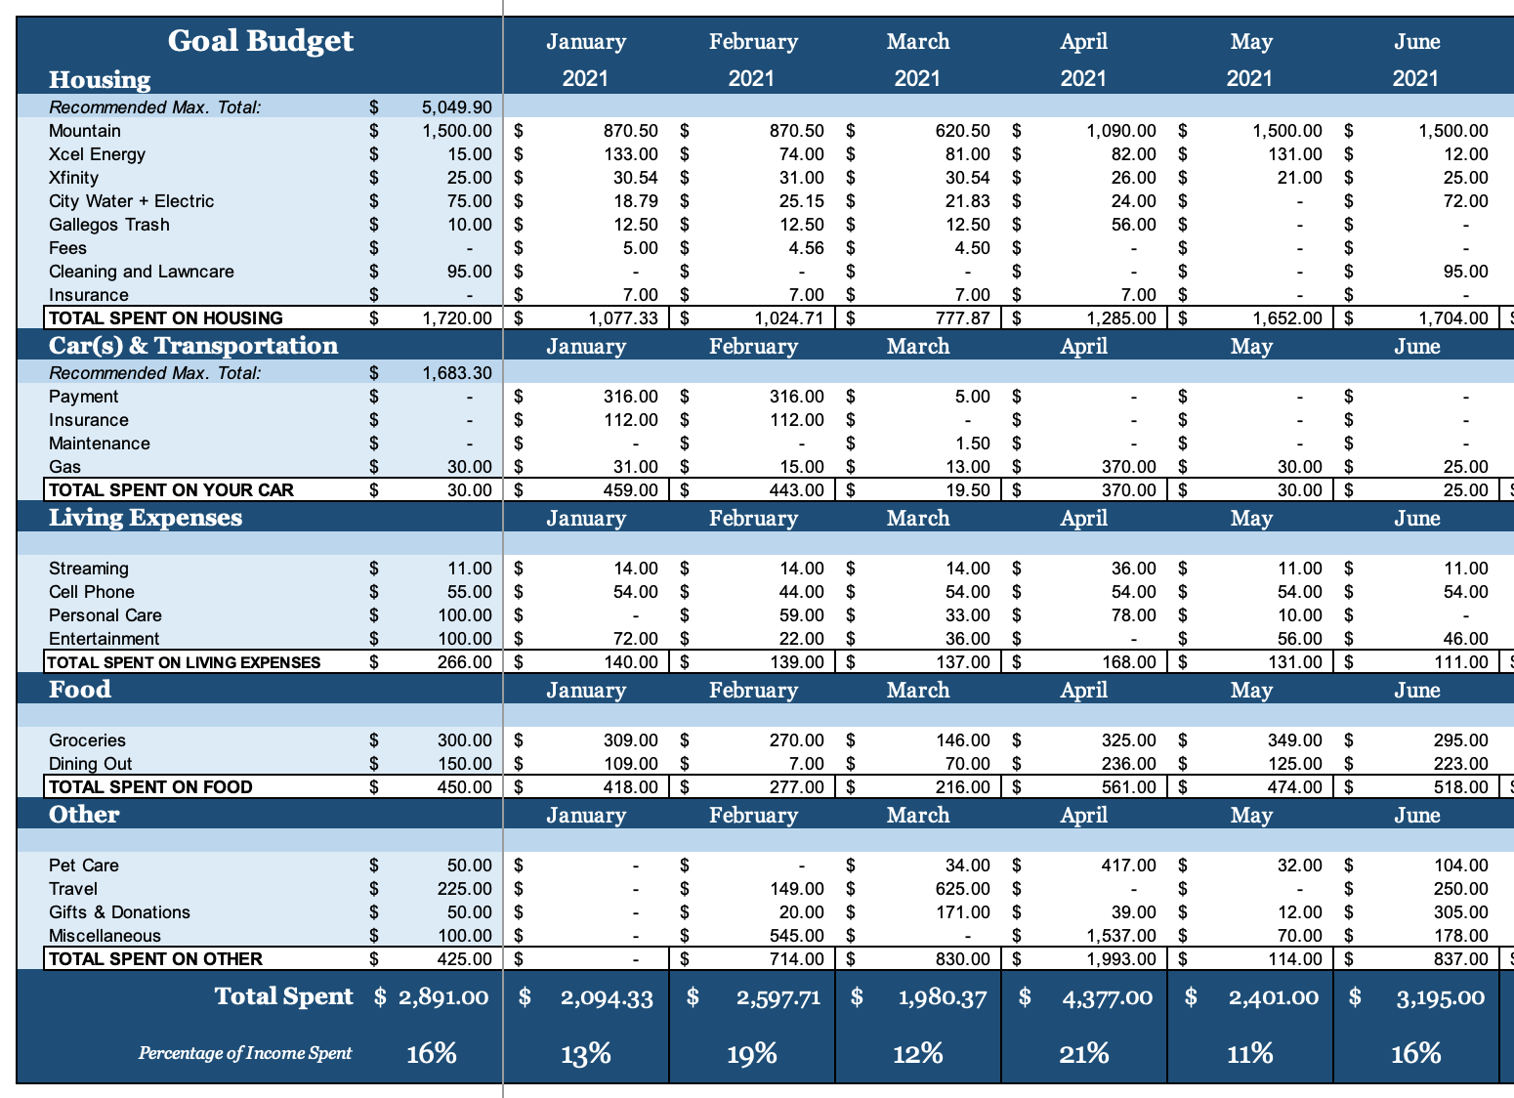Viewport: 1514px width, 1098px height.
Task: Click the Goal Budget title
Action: (x=260, y=42)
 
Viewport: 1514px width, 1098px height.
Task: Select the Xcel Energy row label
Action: (x=97, y=154)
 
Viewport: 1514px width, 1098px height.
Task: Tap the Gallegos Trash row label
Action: (x=108, y=225)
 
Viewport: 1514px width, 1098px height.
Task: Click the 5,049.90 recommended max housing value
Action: (x=457, y=107)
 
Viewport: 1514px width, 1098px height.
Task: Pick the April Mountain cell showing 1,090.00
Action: (x=1121, y=131)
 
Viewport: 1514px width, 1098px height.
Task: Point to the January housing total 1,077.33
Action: (x=623, y=318)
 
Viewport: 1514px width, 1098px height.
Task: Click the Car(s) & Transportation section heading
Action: (x=192, y=346)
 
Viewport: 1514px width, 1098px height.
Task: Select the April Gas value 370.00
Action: (x=1129, y=467)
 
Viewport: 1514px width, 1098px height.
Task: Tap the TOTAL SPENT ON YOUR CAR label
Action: (x=171, y=490)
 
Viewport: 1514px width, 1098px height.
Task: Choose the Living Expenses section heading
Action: (x=146, y=517)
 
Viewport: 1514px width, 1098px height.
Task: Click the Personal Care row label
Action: (x=105, y=615)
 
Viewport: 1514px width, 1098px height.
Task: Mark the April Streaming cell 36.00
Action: (x=1134, y=569)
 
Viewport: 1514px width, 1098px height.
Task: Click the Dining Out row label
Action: (x=90, y=764)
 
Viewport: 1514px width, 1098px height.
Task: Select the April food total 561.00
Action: (x=1129, y=787)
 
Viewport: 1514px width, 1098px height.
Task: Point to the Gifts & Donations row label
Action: (x=119, y=912)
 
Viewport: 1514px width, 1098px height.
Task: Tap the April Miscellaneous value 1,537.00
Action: (x=1121, y=936)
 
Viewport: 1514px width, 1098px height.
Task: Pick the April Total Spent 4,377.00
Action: (x=1107, y=998)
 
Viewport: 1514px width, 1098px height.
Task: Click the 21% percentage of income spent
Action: (x=1083, y=1053)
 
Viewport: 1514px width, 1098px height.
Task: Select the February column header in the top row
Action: (x=753, y=42)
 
